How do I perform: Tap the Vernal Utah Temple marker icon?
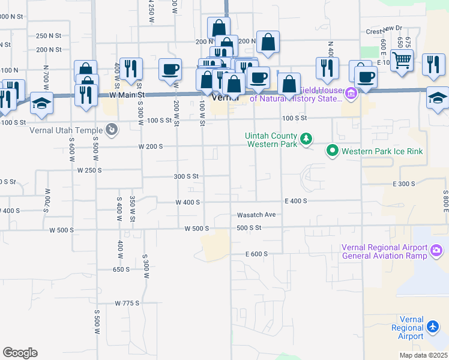(111, 129)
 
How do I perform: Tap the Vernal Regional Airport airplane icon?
(434, 326)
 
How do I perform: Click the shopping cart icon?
(402, 59)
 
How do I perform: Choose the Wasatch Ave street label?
(256, 215)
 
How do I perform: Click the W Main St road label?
(128, 95)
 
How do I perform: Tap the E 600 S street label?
(256, 254)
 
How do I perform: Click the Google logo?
(20, 353)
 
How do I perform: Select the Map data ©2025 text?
(424, 355)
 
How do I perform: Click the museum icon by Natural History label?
(351, 92)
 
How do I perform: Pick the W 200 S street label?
(150, 146)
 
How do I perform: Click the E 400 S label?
(296, 201)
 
